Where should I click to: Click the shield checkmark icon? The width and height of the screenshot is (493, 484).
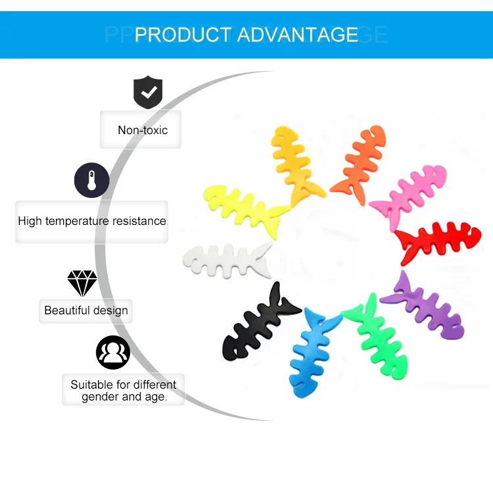[148, 92]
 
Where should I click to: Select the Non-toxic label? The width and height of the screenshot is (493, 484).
[143, 130]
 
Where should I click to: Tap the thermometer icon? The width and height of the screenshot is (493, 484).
[91, 180]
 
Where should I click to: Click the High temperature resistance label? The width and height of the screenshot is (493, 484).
[92, 221]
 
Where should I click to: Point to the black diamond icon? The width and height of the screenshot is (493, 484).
[82, 283]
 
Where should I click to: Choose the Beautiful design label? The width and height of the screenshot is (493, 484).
[86, 310]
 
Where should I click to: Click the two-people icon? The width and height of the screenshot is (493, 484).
[113, 352]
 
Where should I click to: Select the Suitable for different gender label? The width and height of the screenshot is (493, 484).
[124, 391]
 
